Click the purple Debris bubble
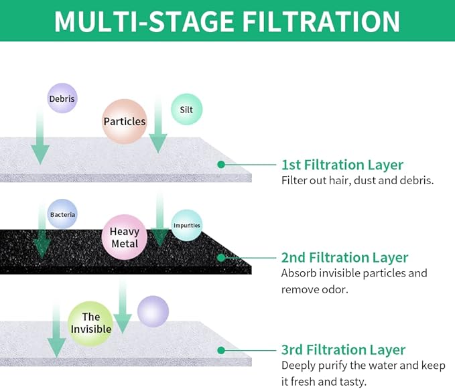[x=62, y=98]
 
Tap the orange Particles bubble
[x=125, y=121]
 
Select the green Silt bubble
[x=186, y=109]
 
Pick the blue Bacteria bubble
[x=62, y=214]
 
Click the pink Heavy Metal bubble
[x=125, y=238]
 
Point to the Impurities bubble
[x=186, y=225]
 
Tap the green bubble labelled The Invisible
[x=90, y=323]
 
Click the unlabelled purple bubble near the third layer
[x=153, y=311]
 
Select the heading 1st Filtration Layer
[x=342, y=165]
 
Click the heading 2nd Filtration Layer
[x=344, y=257]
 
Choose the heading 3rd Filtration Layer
[x=343, y=349]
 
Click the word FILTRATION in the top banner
[x=321, y=21]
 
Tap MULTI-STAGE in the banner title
[x=143, y=21]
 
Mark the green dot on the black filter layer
[x=221, y=257]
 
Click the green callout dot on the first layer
[x=221, y=165]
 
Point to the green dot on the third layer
[x=221, y=350]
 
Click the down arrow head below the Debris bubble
[x=40, y=155]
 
